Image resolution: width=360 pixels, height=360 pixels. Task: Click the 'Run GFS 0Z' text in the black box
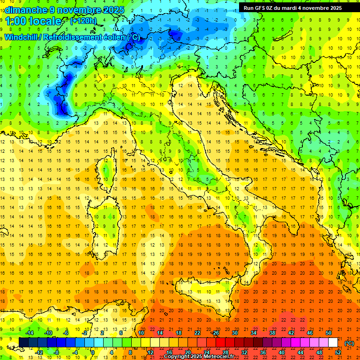click(261, 8)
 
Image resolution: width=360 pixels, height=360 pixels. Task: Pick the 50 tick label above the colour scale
click(328, 333)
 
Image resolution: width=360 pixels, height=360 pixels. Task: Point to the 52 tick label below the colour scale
click(338, 352)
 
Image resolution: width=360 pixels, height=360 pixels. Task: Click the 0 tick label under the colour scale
click(92, 352)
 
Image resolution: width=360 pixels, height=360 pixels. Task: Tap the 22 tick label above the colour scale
click(197, 333)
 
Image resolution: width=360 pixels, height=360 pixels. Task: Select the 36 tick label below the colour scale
click(262, 352)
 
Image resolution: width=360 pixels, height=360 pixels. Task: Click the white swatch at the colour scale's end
click(333, 343)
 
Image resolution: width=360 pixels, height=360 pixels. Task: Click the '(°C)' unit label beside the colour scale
click(349, 343)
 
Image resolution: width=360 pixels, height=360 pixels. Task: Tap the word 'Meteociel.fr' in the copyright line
click(215, 357)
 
